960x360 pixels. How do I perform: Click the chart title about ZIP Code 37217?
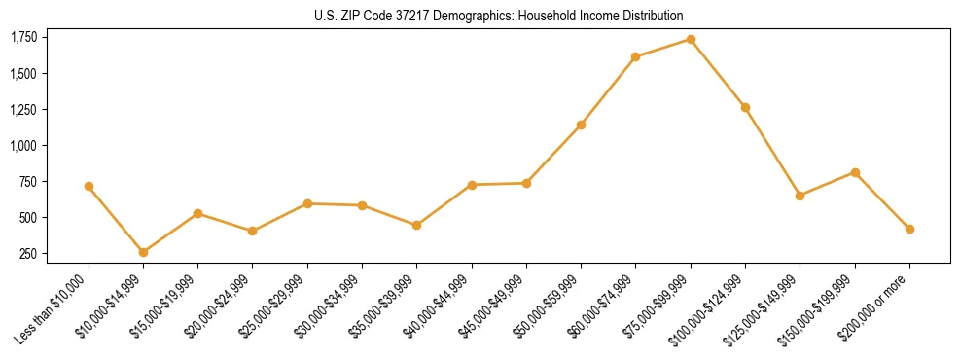tap(499, 16)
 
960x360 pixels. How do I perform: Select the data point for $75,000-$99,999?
tap(691, 39)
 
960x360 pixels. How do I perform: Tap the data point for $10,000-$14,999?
tap(143, 252)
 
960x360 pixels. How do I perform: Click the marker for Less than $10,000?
tap(89, 186)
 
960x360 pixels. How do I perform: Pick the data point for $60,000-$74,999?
tap(635, 56)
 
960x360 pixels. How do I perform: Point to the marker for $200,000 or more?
tap(909, 229)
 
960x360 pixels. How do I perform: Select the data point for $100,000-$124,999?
tap(745, 107)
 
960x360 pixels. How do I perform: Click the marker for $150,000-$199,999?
tap(855, 172)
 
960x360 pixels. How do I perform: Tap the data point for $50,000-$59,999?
tap(581, 125)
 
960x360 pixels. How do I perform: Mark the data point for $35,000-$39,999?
tap(416, 225)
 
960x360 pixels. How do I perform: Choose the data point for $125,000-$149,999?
tap(800, 196)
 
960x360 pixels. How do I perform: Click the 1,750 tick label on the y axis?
tap(23, 37)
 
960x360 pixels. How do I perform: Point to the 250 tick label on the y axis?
tap(28, 254)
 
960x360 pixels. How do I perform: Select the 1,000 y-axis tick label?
tap(23, 146)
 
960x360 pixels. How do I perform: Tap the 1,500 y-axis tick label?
tap(23, 74)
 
